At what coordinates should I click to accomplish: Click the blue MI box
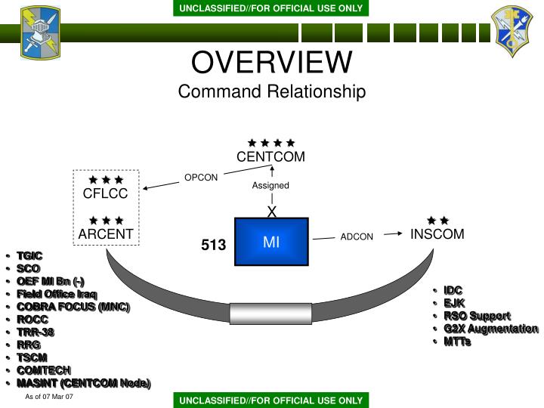[x=271, y=242]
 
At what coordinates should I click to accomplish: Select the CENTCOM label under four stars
[x=270, y=157]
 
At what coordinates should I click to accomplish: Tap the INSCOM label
[x=437, y=234]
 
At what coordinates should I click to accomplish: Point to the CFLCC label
[x=106, y=193]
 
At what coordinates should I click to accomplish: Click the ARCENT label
[x=106, y=234]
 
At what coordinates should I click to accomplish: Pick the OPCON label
[x=201, y=178]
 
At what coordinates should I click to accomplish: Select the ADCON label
[x=357, y=237]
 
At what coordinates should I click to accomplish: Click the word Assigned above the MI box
[x=270, y=186]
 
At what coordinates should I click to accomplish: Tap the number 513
[x=213, y=245]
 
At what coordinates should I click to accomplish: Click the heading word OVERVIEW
[x=272, y=62]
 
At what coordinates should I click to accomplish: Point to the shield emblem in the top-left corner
[x=40, y=32]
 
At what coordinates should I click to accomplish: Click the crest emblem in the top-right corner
[x=512, y=31]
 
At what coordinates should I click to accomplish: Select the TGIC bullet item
[x=29, y=256]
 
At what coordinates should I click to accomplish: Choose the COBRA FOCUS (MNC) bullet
[x=73, y=307]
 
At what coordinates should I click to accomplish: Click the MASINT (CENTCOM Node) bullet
[x=84, y=383]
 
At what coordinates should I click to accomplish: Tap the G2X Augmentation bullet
[x=491, y=329]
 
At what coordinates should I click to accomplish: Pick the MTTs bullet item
[x=458, y=342]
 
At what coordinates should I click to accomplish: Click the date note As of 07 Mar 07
[x=49, y=397]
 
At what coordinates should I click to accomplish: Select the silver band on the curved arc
[x=270, y=314]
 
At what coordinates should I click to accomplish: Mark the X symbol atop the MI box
[x=272, y=212]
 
